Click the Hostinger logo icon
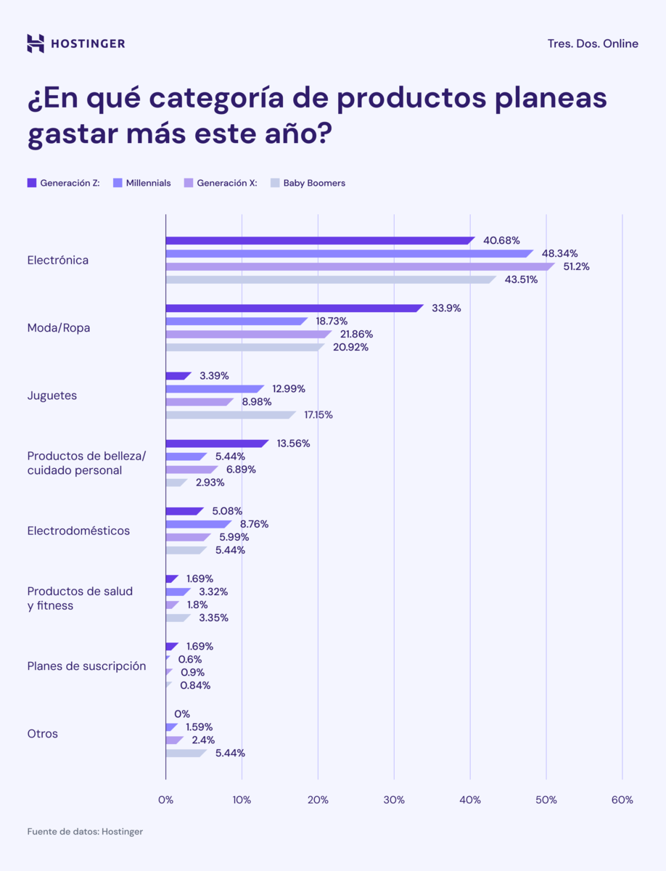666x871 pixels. tap(36, 44)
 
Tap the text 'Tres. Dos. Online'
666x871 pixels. tap(593, 44)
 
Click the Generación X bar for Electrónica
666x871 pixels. tap(359, 266)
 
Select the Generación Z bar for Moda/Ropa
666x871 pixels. tap(294, 308)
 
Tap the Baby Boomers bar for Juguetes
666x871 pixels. tap(230, 414)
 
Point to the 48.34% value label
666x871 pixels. tap(559, 253)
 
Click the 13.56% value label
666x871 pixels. tap(293, 443)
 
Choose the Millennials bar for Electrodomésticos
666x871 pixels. tap(198, 524)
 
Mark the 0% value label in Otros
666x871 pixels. tap(182, 713)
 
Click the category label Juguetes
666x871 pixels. tap(52, 396)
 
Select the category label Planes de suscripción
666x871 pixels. tap(86, 666)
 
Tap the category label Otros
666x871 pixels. tap(43, 734)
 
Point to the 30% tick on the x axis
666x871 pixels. tap(394, 800)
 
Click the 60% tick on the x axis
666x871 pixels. tap(622, 800)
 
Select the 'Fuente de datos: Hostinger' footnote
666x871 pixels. tap(85, 831)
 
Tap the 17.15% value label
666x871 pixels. tap(318, 414)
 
